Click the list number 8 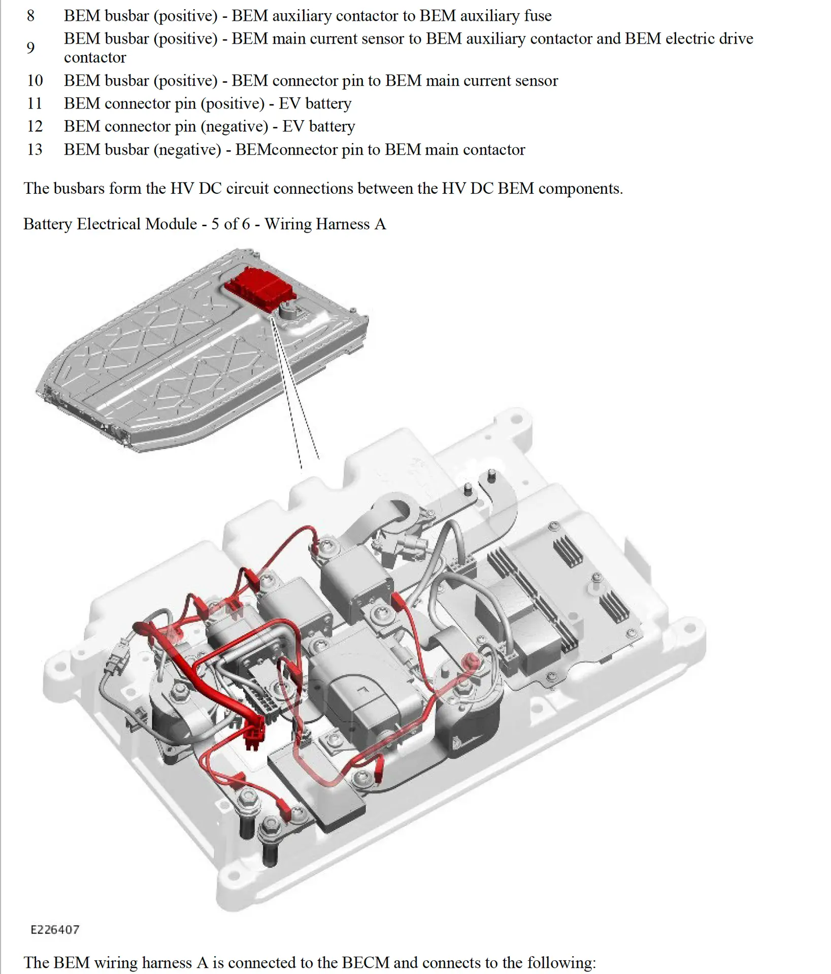30,16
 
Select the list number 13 35,150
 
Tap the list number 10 35,81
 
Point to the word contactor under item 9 94,58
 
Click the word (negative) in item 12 234,126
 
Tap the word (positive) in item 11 232,103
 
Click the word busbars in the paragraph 80,188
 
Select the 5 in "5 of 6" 215,224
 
